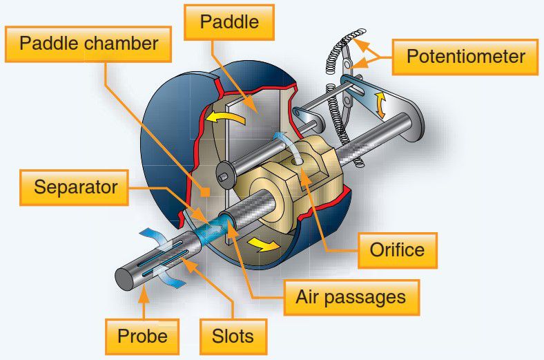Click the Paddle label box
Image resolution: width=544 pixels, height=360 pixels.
[229, 22]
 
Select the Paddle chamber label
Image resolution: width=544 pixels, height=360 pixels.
[89, 46]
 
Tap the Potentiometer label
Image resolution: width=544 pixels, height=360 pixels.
[465, 56]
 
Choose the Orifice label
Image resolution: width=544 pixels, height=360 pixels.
[396, 249]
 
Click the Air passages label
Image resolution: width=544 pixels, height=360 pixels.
[350, 298]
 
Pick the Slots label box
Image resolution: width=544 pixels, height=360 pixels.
[233, 337]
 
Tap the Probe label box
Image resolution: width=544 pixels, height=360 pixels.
[142, 337]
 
